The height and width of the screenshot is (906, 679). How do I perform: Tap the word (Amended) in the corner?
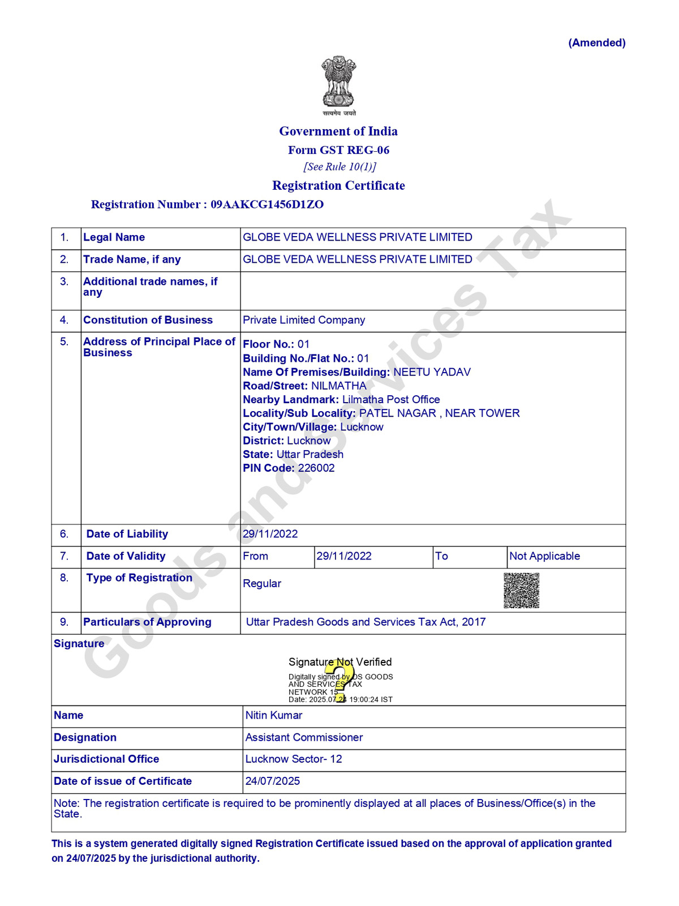(596, 43)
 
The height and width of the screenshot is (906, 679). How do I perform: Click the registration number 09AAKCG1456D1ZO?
(267, 204)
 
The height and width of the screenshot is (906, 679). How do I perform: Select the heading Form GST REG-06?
(338, 150)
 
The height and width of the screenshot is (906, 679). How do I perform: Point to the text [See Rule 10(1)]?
(339, 166)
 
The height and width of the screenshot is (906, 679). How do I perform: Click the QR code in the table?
(521, 591)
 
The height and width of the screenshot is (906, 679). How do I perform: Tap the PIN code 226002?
(316, 468)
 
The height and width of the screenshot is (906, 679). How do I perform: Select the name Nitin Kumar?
(274, 716)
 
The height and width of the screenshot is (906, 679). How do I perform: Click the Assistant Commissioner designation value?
(304, 738)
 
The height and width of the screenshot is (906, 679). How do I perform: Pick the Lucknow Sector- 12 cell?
(294, 759)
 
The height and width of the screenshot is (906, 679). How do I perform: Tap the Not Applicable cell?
(544, 557)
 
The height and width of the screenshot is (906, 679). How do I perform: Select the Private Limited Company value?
(304, 320)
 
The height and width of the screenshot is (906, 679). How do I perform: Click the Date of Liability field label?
(127, 535)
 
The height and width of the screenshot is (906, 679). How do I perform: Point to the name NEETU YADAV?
(432, 373)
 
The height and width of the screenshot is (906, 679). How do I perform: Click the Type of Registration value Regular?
(262, 584)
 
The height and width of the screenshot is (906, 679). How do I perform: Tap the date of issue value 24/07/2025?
(273, 781)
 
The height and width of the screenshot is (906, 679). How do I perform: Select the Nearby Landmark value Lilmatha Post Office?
(391, 400)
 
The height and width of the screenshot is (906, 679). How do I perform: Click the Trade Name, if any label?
(132, 260)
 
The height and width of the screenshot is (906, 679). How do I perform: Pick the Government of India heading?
(338, 131)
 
